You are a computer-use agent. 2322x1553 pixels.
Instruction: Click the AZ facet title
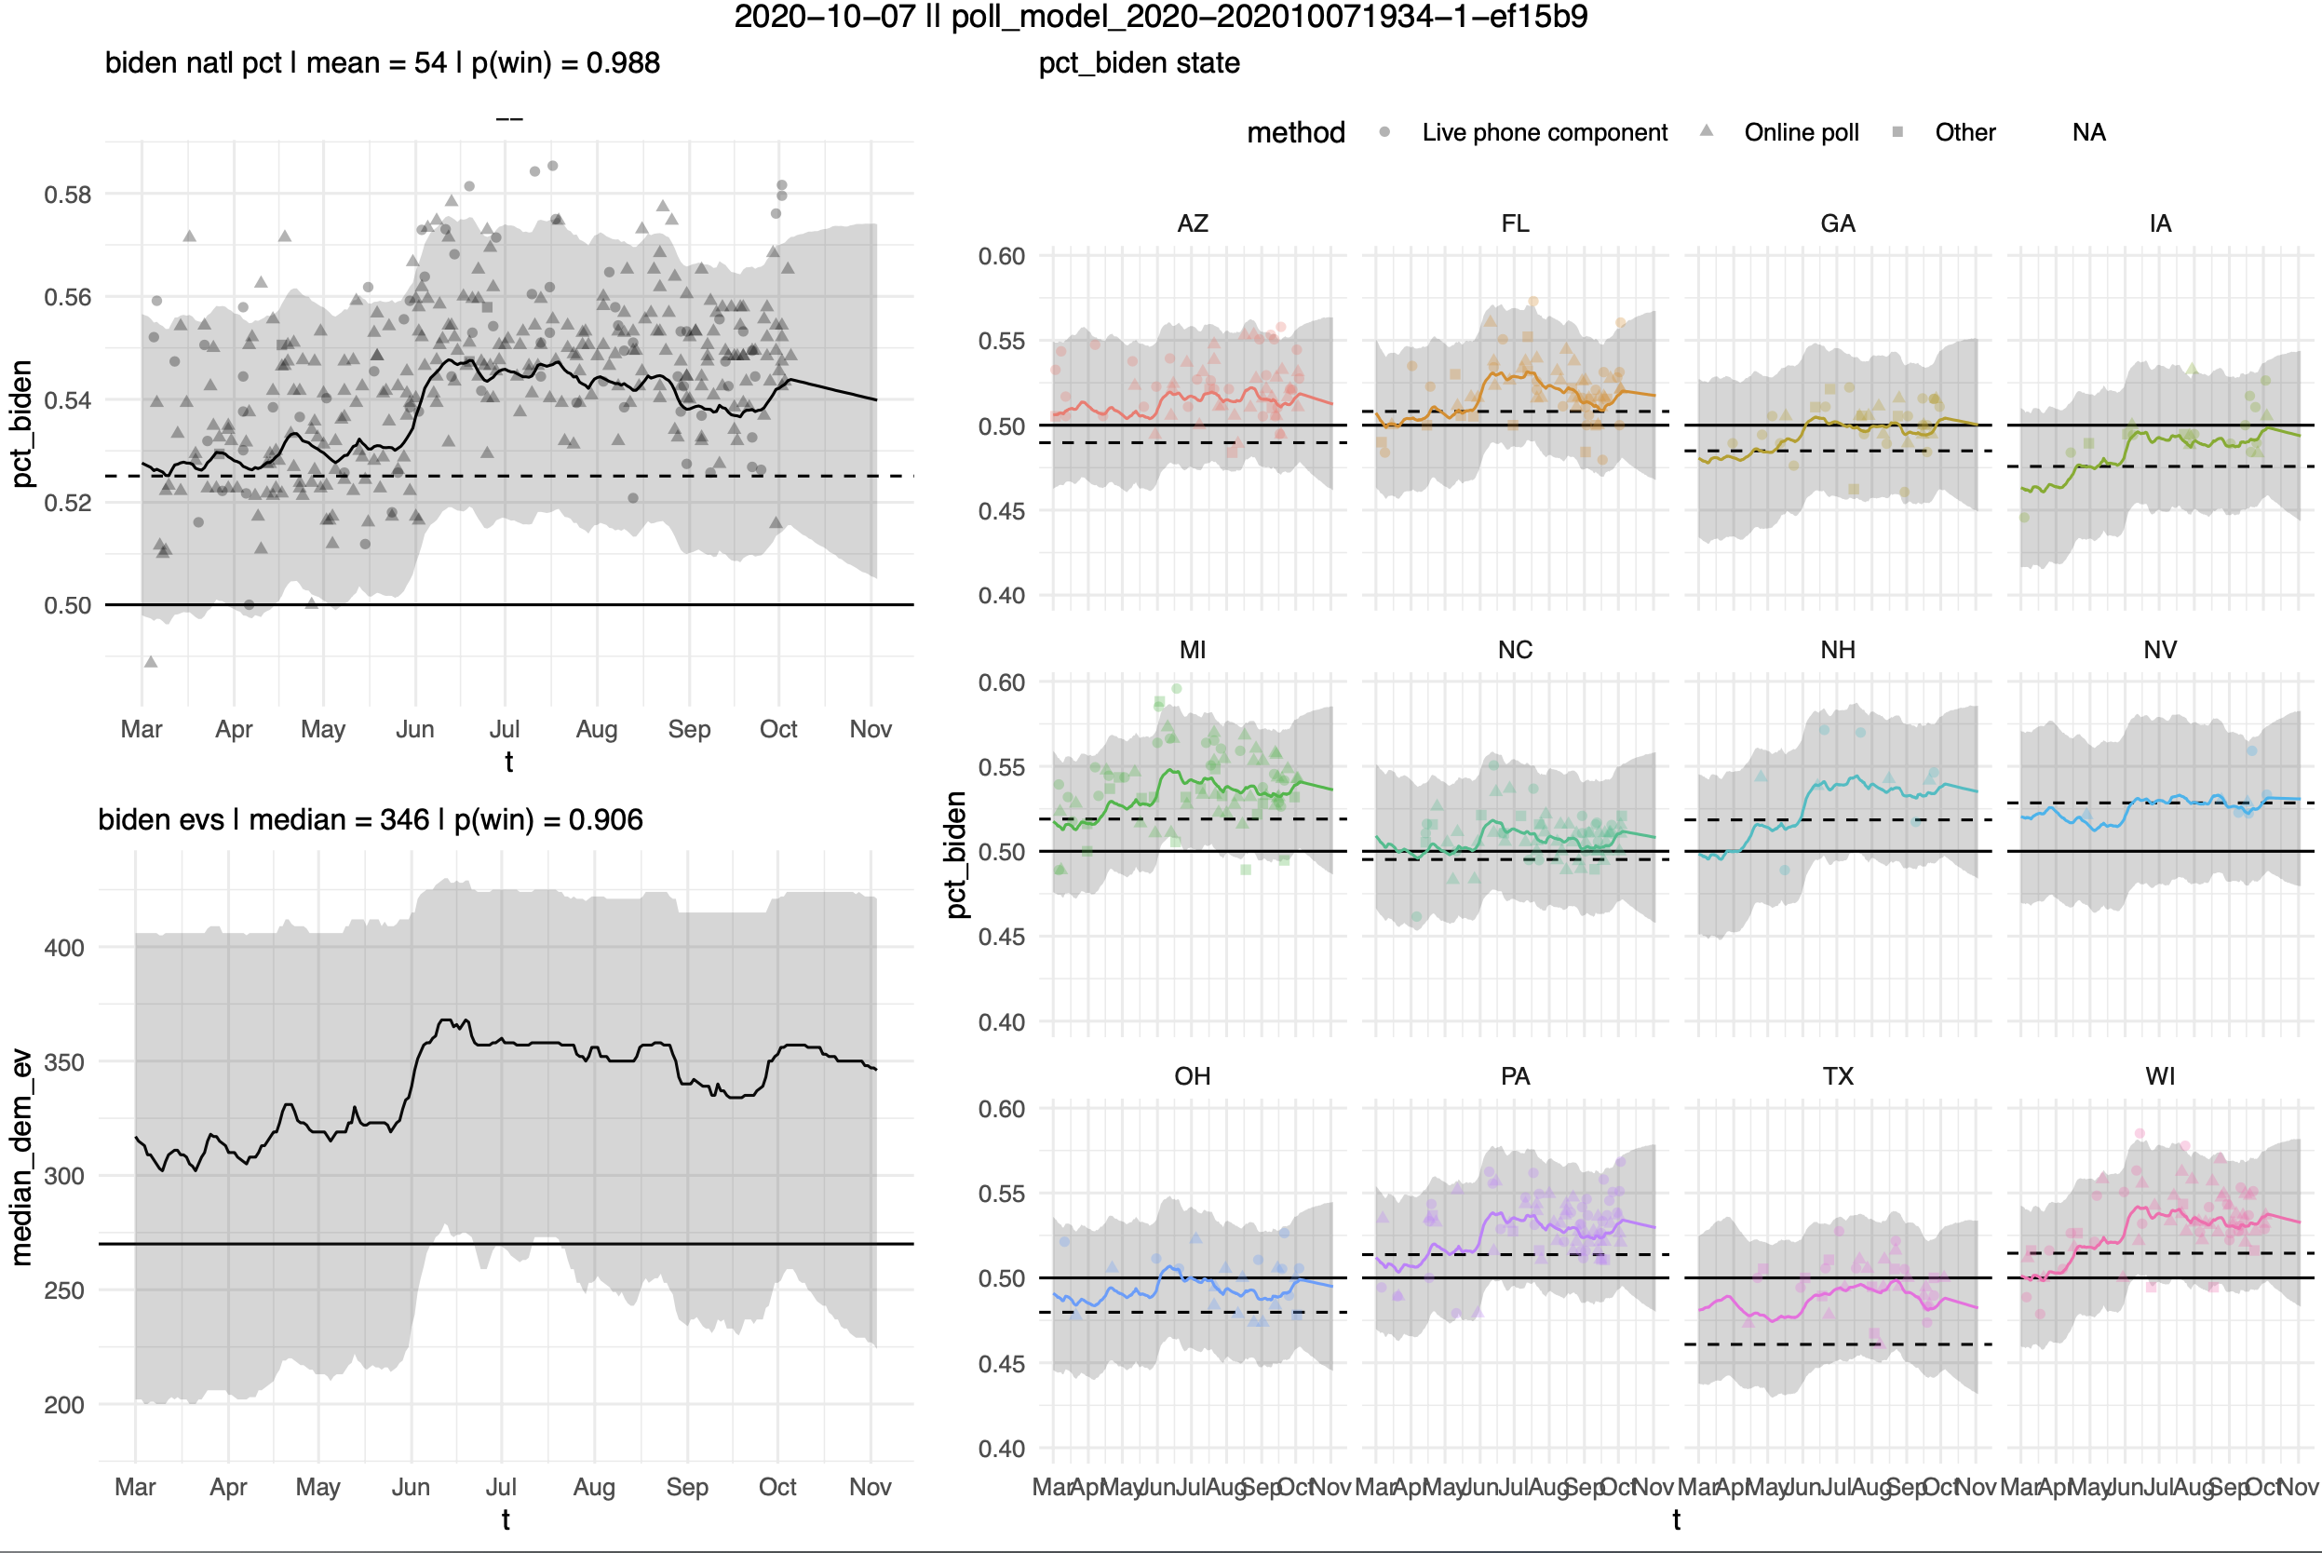(x=1193, y=223)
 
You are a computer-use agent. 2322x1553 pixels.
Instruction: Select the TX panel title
(x=1837, y=1076)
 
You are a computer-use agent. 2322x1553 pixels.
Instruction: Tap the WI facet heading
(x=2160, y=1076)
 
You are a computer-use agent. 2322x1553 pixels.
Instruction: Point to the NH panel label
(x=1837, y=651)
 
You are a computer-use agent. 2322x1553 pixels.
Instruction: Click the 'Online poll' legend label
(x=1801, y=133)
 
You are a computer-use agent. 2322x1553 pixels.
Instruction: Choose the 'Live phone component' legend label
(x=1544, y=133)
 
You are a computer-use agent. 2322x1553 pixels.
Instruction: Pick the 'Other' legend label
(x=1964, y=133)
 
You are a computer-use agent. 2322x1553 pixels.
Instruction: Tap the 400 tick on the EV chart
(x=64, y=948)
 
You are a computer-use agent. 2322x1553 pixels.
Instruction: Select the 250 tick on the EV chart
(x=64, y=1290)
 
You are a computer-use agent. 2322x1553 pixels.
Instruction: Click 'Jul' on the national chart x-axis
(x=504, y=730)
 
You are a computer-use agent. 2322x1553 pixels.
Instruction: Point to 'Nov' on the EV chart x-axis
(x=870, y=1488)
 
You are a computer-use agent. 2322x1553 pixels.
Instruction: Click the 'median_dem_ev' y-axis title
(x=21, y=1156)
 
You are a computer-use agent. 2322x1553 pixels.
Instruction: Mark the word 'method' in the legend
(x=1295, y=133)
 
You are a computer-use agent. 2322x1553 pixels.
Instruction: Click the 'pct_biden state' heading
(x=1139, y=63)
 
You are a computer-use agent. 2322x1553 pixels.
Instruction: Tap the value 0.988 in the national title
(x=623, y=63)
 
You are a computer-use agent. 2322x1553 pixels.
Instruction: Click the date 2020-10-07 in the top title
(x=824, y=17)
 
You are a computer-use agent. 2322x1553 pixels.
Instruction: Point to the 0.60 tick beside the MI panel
(x=1001, y=682)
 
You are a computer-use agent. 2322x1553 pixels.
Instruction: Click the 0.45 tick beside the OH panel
(x=1001, y=1364)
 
